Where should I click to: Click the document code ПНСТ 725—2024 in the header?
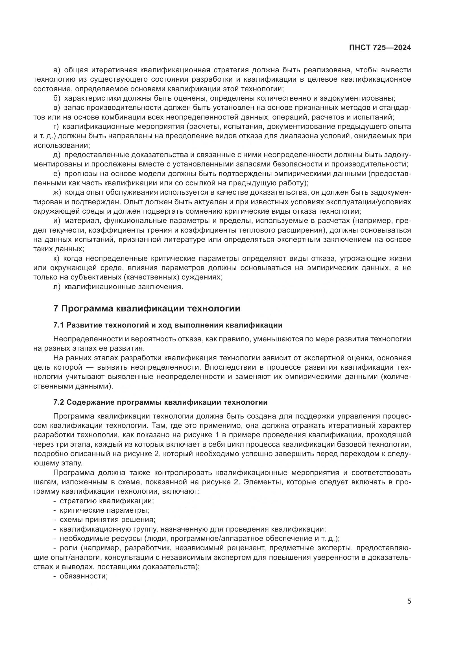point(379,48)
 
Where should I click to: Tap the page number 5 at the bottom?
point(409,601)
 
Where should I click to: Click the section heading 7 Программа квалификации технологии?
point(147,308)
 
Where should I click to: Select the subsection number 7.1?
point(58,325)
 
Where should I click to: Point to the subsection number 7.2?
point(58,402)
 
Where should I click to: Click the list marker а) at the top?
point(56,70)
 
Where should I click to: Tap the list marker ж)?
point(57,193)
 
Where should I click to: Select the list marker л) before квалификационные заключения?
point(57,287)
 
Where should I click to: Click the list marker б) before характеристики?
point(57,98)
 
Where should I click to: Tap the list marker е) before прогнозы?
point(57,174)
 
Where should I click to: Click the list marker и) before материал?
point(57,221)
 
